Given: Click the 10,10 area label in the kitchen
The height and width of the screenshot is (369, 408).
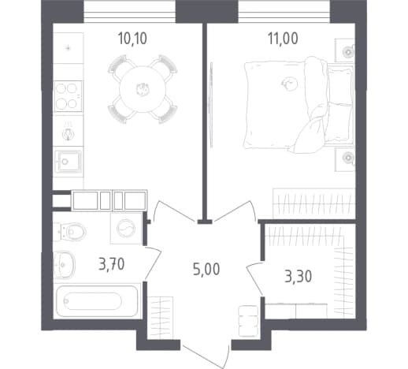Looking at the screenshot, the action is point(132,39).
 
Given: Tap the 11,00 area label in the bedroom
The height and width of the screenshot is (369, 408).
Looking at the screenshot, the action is point(283,39).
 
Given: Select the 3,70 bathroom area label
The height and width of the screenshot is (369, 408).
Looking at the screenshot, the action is point(112,264).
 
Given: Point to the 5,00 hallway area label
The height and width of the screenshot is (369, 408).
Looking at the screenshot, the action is point(206,269).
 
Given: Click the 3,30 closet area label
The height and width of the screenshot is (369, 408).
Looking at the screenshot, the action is point(299,276).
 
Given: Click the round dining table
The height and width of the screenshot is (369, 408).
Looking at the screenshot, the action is point(143,89).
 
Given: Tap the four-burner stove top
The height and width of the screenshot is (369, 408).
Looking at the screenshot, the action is point(68,96).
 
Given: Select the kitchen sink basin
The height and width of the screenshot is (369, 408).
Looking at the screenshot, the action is point(68,162).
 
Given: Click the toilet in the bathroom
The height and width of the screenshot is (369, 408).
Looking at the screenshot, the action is point(70,231).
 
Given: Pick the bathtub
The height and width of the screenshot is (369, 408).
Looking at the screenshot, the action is point(97,301).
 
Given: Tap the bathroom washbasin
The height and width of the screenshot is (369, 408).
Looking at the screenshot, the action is point(65,265).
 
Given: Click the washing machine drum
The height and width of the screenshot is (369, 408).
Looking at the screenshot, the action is point(126,229).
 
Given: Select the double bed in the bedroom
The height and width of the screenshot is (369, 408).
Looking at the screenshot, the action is point(299,105).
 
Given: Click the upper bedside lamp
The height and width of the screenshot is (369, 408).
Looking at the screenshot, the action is point(348,52).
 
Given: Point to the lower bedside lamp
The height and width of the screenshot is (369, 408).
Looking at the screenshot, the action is point(348,158).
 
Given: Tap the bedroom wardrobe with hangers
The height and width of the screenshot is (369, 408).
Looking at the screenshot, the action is point(314,203).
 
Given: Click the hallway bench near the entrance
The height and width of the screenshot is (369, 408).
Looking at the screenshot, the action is point(248,321).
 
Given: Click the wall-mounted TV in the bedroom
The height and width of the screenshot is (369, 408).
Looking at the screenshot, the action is point(211,105).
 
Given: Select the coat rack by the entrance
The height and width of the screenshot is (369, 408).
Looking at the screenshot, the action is point(160,318).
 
